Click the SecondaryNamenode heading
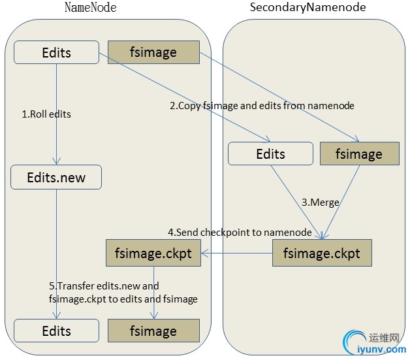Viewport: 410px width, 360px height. coord(308,8)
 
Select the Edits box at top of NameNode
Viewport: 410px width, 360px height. coord(56,52)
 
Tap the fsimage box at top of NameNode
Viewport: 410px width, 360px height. coord(153,52)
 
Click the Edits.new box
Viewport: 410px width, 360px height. coord(56,177)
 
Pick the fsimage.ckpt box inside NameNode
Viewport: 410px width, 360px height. coord(153,253)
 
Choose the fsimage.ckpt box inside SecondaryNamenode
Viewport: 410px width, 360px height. coord(321,253)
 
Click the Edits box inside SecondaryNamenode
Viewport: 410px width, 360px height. coord(270,154)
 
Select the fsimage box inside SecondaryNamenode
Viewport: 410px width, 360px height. coord(358,154)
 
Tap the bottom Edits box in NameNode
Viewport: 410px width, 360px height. coord(56,331)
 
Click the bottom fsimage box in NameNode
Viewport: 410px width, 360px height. coord(153,331)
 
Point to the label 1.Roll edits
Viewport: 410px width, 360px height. coord(46,114)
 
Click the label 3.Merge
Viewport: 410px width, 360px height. coord(320,203)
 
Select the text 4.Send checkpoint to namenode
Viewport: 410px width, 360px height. coord(240,233)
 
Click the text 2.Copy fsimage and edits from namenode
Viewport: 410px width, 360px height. coord(262,105)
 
